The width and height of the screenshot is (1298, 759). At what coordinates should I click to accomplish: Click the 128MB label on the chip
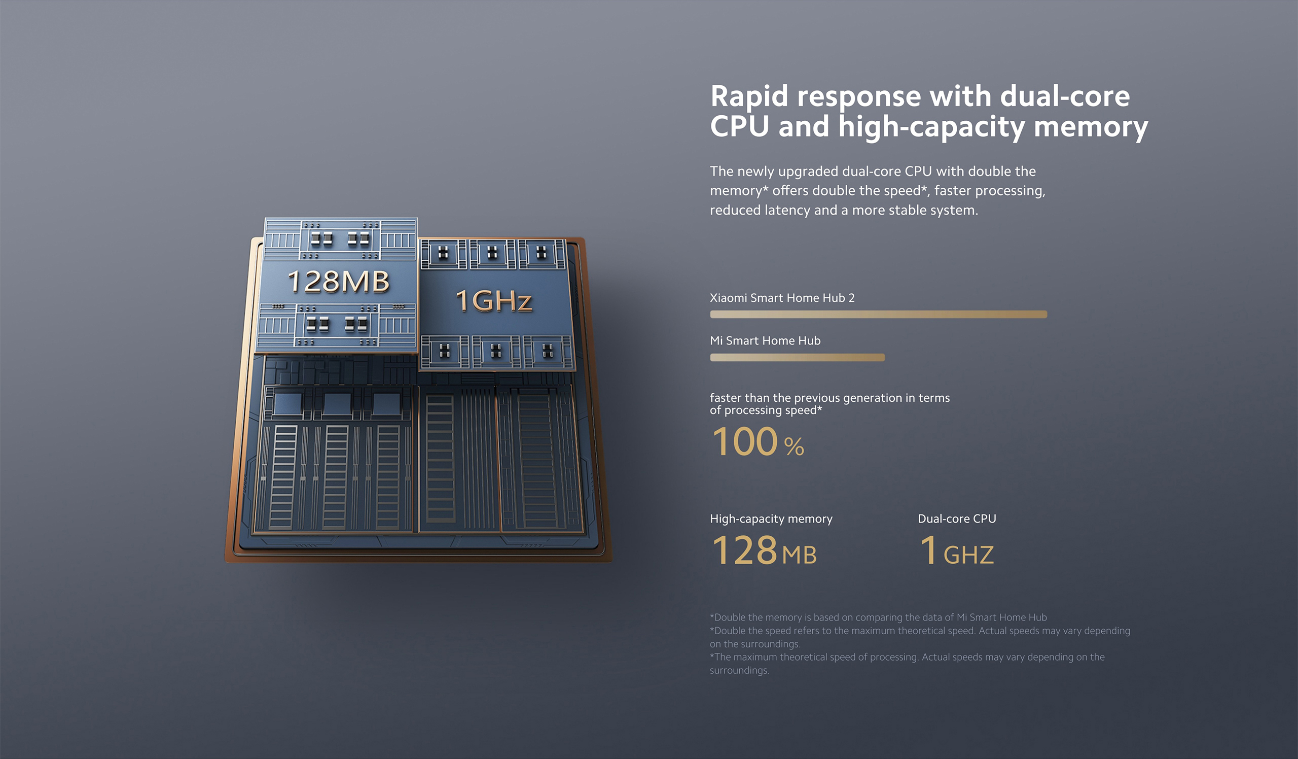pos(338,282)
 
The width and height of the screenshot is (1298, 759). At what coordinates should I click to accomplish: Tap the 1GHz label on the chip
pos(493,300)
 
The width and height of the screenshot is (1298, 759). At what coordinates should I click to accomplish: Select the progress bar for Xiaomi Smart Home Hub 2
pos(878,315)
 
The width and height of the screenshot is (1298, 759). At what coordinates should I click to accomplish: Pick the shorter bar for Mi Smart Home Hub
pos(798,358)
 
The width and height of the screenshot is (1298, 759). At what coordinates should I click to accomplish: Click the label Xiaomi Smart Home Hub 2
pos(782,298)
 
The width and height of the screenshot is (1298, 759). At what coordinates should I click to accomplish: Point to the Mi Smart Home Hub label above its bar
pos(765,340)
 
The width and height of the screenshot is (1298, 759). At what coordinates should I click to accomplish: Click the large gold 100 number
pos(744,441)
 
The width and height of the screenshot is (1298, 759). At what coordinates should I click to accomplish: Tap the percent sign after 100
pos(794,447)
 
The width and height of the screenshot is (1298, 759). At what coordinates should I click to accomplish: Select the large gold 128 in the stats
pos(744,550)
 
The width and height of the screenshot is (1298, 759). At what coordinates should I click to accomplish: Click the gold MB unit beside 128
pos(800,555)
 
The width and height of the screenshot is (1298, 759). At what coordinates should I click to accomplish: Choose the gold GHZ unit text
pos(968,555)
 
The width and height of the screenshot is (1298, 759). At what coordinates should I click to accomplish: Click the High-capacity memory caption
pos(771,519)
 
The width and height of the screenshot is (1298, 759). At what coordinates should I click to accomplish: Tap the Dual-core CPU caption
pos(957,519)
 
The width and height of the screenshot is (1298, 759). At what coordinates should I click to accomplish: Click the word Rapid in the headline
pos(749,97)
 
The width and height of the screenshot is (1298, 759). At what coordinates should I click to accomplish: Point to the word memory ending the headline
pos(1091,127)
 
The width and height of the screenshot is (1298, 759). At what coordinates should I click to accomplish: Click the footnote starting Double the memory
pos(878,617)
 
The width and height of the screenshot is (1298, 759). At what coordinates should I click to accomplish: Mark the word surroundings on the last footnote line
pos(740,670)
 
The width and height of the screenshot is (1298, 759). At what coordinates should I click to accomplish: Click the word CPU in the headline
pos(740,126)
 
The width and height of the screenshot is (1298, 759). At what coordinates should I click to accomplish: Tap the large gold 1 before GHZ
pos(929,550)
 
